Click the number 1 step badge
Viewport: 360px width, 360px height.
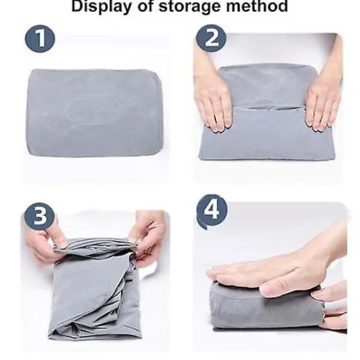click(x=40, y=39)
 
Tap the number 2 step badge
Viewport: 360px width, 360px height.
click(x=211, y=38)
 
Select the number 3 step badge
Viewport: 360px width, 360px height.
click(x=40, y=216)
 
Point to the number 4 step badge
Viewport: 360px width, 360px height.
click(x=212, y=211)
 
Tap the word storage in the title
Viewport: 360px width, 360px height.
click(x=190, y=6)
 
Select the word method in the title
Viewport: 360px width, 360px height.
click(x=257, y=6)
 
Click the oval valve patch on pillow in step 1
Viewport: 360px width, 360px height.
click(x=93, y=110)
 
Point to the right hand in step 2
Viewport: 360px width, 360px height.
click(x=325, y=92)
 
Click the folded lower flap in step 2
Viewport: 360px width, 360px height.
click(x=267, y=133)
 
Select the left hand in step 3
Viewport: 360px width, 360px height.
click(x=46, y=244)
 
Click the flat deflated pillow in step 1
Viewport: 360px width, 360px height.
click(x=95, y=113)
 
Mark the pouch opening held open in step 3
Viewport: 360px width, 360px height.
click(x=94, y=247)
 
